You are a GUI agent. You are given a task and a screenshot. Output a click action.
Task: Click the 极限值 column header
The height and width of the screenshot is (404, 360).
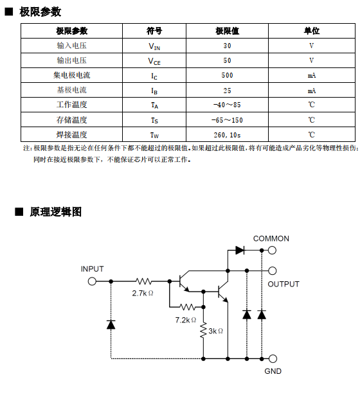(227, 31)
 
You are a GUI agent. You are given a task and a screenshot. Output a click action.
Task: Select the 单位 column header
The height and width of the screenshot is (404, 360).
(312, 31)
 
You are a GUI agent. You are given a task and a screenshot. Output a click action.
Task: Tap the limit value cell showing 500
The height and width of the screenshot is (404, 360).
(227, 75)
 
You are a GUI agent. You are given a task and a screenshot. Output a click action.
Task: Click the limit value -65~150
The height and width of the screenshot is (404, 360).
(227, 120)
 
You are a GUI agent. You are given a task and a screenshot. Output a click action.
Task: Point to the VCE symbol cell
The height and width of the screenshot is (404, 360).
(154, 61)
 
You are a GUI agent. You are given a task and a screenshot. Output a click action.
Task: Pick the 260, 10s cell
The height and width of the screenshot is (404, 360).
(227, 135)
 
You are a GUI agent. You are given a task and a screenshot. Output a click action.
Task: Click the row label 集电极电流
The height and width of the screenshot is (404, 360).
(72, 75)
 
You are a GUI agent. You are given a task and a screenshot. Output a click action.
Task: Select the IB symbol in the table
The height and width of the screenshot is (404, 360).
(154, 91)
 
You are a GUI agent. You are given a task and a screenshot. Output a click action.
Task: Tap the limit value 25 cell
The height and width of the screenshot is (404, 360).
(227, 91)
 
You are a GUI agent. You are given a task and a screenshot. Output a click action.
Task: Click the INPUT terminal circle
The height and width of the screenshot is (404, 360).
(92, 281)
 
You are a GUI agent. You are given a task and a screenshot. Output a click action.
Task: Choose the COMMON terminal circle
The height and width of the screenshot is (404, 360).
(272, 250)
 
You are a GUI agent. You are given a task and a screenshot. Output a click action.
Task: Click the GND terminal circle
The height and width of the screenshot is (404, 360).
(273, 358)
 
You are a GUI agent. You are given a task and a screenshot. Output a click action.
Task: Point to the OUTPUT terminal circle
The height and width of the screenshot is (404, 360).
(273, 271)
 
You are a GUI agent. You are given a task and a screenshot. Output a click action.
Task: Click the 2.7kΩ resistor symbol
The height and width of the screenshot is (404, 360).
(144, 281)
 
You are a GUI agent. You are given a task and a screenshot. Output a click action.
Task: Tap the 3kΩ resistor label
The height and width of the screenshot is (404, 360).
(215, 331)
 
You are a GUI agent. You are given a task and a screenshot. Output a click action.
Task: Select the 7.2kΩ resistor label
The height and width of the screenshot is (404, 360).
(186, 320)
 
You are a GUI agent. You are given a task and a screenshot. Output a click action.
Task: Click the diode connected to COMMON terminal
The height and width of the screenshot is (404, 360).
(240, 250)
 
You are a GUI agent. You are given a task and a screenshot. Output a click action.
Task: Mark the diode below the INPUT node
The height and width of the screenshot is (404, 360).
(111, 324)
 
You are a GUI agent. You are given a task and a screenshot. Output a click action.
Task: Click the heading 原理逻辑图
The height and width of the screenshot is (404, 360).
(56, 212)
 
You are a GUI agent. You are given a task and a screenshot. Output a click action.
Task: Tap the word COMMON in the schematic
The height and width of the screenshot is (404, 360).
(271, 238)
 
